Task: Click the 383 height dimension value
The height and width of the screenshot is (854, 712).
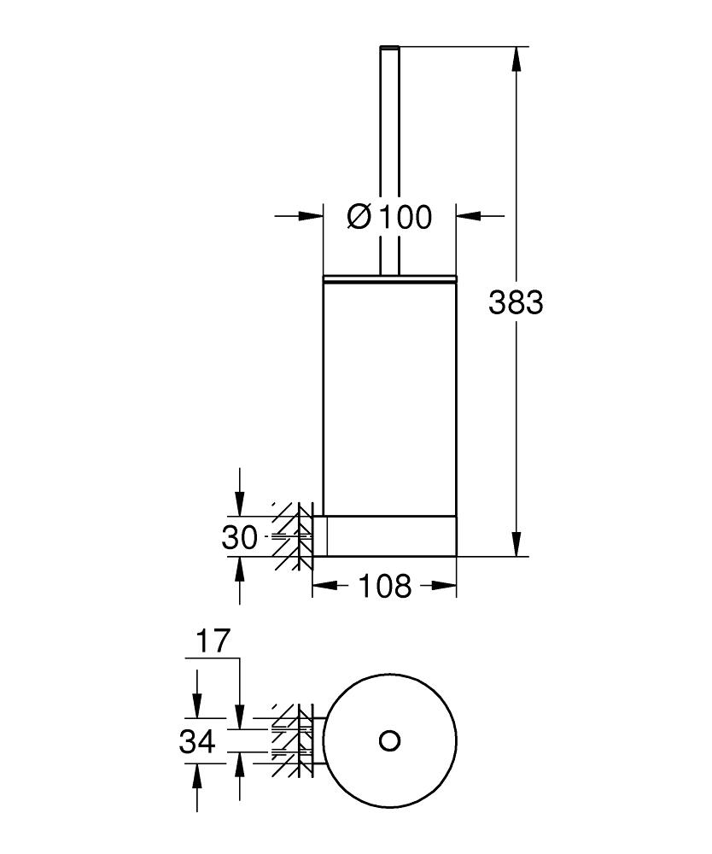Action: [x=516, y=302]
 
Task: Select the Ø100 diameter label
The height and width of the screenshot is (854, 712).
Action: [x=389, y=217]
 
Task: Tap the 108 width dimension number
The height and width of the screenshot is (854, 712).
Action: [x=384, y=587]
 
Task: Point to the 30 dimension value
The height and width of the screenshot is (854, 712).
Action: [x=239, y=538]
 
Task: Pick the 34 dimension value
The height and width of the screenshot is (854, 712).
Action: [x=197, y=742]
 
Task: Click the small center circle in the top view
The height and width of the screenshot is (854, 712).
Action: [x=390, y=740]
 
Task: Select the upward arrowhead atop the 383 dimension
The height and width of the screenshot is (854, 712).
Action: [x=516, y=59]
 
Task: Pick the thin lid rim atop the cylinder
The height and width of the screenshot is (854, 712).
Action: [x=390, y=278]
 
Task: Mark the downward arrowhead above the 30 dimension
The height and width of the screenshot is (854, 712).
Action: [x=240, y=504]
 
